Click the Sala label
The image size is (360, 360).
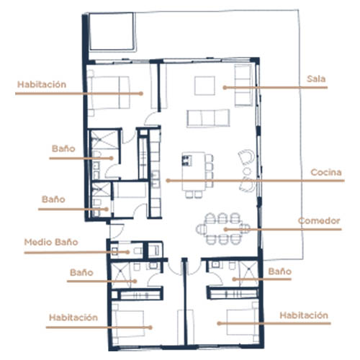click(x=316, y=79)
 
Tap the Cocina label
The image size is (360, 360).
click(x=326, y=172)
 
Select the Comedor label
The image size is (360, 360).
click(x=319, y=221)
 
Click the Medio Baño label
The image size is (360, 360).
click(x=51, y=242)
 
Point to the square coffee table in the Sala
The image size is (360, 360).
click(x=204, y=86)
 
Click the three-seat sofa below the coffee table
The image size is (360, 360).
click(x=208, y=118)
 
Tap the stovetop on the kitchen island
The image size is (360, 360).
click(x=187, y=161)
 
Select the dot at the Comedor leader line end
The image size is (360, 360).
click(x=225, y=230)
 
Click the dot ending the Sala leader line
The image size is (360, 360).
click(x=225, y=88)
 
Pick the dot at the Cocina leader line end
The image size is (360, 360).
click(x=168, y=181)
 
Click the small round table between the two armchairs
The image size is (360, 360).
click(x=247, y=171)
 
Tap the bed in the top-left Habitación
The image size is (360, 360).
click(x=109, y=92)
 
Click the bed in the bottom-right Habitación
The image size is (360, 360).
click(x=242, y=323)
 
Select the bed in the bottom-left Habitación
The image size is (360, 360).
click(x=129, y=323)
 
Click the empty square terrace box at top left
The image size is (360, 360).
click(x=112, y=32)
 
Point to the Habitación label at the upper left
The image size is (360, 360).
click(x=42, y=84)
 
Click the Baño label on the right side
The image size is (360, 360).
click(x=280, y=271)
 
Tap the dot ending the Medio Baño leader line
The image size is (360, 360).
click(x=128, y=252)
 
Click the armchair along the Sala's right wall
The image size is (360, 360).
click(x=243, y=85)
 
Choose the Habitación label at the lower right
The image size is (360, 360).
click(x=304, y=315)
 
